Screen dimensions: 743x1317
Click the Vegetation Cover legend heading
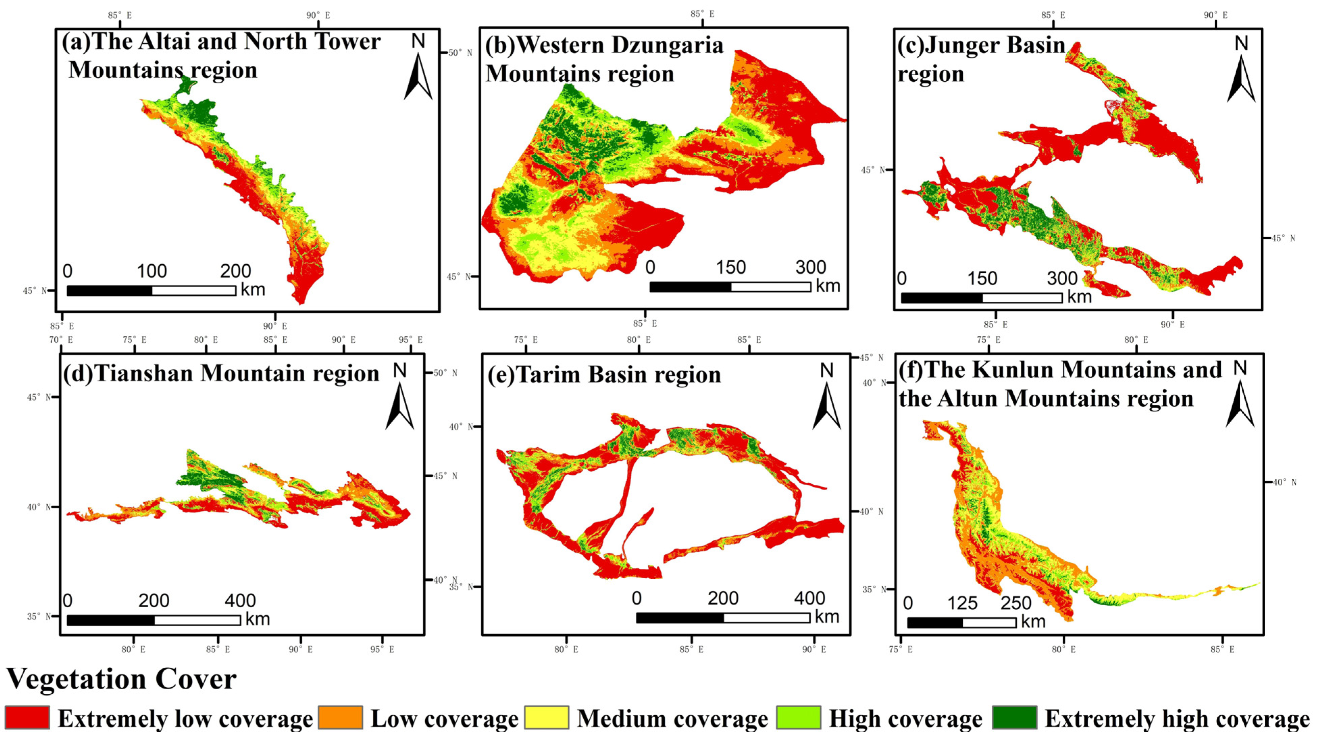pyautogui.click(x=121, y=680)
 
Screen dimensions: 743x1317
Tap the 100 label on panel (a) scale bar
pyautogui.click(x=152, y=271)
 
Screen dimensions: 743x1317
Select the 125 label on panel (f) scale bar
pyautogui.click(x=962, y=604)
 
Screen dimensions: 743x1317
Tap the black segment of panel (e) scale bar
pyautogui.click(x=680, y=618)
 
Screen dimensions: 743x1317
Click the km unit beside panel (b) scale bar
pyautogui.click(x=828, y=286)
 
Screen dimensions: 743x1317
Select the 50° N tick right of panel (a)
pyautogui.click(x=460, y=53)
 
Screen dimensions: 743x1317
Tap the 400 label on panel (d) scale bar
pyautogui.click(x=240, y=601)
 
